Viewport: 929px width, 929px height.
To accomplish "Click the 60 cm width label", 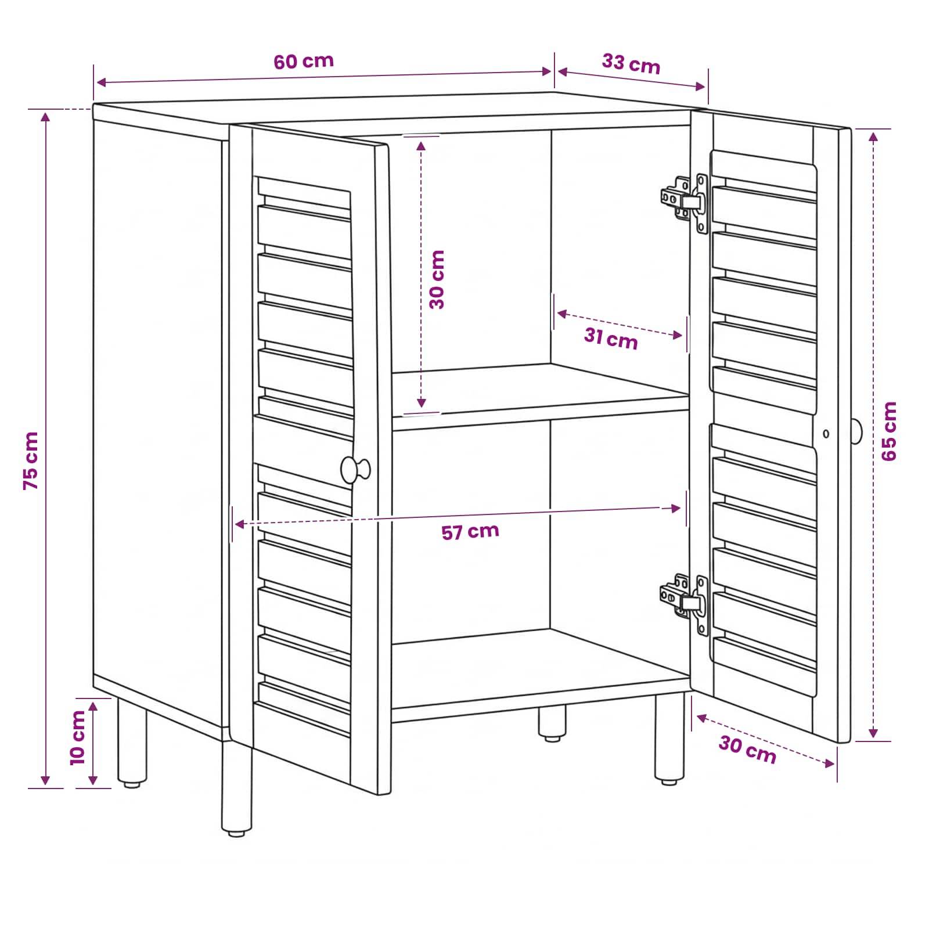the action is pyautogui.click(x=304, y=61).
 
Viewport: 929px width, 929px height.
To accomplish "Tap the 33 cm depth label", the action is pyautogui.click(x=631, y=64).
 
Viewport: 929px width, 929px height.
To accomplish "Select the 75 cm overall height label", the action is pyautogui.click(x=31, y=460).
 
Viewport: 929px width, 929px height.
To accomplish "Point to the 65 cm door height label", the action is pyautogui.click(x=889, y=431).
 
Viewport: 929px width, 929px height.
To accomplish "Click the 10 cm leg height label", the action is pyautogui.click(x=77, y=737).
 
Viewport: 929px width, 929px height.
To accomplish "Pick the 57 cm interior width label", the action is pyautogui.click(x=470, y=531).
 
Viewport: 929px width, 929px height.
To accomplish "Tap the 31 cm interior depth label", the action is pyautogui.click(x=611, y=339).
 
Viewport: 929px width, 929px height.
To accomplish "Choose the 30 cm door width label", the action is pyautogui.click(x=747, y=750).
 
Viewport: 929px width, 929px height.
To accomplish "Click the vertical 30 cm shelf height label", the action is pyautogui.click(x=437, y=279).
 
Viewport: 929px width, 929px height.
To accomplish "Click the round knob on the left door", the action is pyautogui.click(x=355, y=469).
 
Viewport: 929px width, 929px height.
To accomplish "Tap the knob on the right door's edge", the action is pyautogui.click(x=856, y=431).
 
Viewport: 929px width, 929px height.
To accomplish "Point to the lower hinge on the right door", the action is pyautogui.click(x=686, y=604).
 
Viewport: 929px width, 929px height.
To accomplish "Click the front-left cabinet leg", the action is pyautogui.click(x=236, y=790).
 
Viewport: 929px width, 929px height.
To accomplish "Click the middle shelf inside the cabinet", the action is pyautogui.click(x=540, y=396).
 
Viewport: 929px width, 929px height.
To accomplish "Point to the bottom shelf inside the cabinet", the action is pyautogui.click(x=540, y=674).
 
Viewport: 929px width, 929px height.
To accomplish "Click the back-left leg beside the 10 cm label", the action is pyautogui.click(x=132, y=743).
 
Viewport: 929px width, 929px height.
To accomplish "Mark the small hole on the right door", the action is pyautogui.click(x=826, y=434).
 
